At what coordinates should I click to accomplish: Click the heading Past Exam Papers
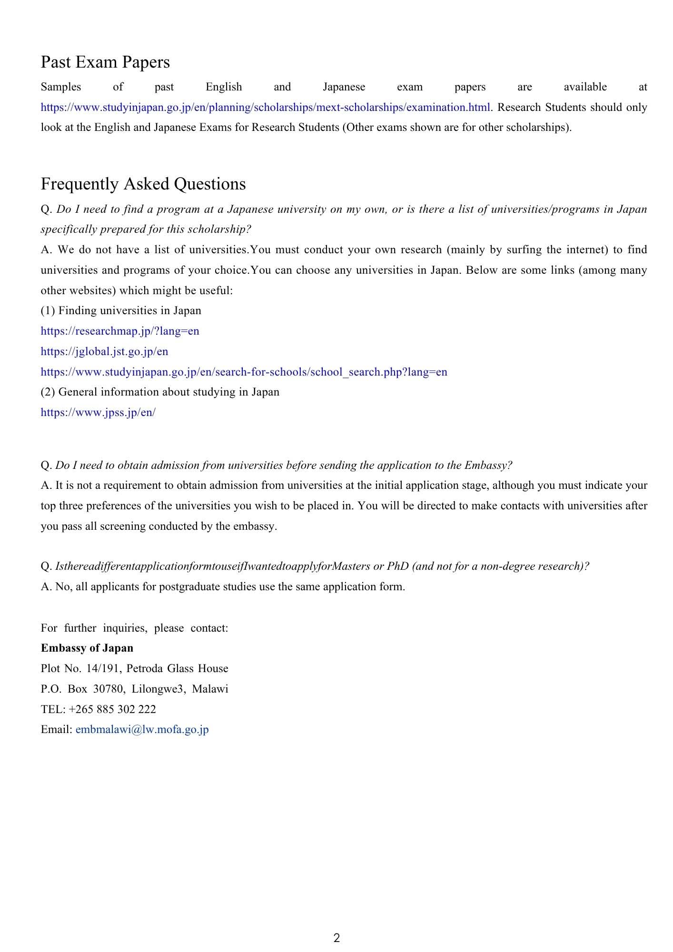point(105,62)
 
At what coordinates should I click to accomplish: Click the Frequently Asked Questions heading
point(143,184)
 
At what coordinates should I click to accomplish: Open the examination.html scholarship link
point(265,108)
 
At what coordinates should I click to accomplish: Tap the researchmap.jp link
point(120,331)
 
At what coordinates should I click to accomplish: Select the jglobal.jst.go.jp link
point(104,352)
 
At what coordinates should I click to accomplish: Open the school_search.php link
point(244,372)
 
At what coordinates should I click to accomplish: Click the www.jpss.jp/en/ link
point(98,413)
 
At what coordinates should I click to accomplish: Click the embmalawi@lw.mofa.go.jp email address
point(142,730)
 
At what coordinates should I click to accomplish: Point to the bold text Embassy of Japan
point(87,648)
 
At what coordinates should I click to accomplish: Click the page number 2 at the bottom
point(337,938)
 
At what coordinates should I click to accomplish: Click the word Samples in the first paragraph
point(61,87)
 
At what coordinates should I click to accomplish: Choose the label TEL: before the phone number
point(53,709)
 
